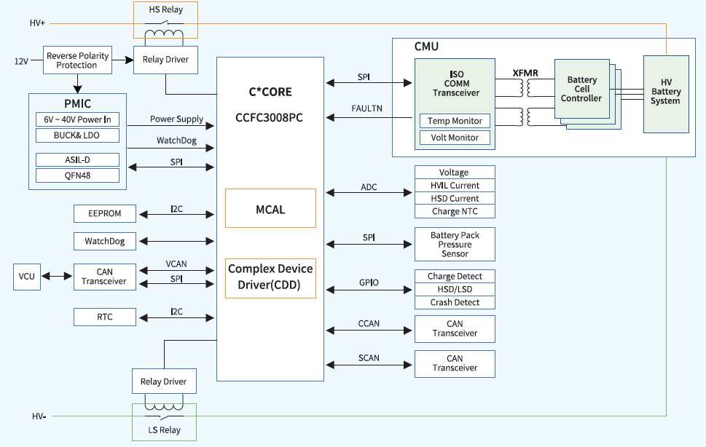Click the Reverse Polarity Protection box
[77, 60]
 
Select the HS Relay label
[165, 10]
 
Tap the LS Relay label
[165, 430]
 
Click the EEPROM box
[105, 213]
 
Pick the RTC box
[105, 317]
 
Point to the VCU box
[27, 277]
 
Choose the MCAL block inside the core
[270, 209]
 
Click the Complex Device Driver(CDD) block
[270, 277]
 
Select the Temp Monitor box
[455, 121]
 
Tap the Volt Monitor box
[455, 138]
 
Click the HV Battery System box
[666, 92]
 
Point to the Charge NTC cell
[455, 211]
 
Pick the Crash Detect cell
[455, 302]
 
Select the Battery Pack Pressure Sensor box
[455, 245]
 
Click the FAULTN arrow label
[367, 108]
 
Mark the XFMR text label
[525, 73]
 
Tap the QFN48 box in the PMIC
[77, 175]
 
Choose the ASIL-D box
[77, 159]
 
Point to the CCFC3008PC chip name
[270, 116]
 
